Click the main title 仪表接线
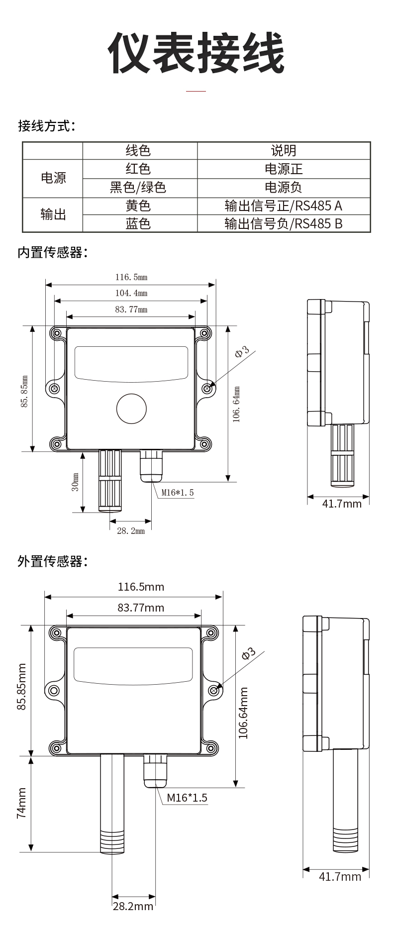pos(196,53)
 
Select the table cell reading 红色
pos(138,169)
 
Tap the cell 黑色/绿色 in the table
pos(138,187)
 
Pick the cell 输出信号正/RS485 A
pos(283,206)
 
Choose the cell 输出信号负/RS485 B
pos(283,223)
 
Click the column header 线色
pos(138,150)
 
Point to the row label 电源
pos(53,178)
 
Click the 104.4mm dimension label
pos(131,293)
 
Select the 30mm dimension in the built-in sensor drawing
pos(75,482)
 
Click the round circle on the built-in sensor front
pos(131,409)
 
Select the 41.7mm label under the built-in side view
pos(342,504)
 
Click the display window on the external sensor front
pos(133,665)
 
